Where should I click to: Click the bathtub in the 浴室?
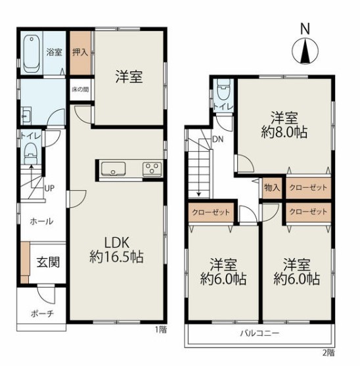click(x=31, y=54)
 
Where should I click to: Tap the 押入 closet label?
click(x=80, y=53)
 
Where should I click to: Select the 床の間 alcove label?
click(x=80, y=89)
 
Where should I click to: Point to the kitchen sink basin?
click(x=114, y=168)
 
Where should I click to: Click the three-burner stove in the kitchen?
click(x=152, y=168)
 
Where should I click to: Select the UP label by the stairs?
click(x=49, y=188)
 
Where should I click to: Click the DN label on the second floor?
click(x=218, y=139)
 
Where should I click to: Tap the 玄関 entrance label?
click(x=48, y=262)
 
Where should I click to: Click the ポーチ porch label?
click(x=42, y=313)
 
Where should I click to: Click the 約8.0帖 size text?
click(x=284, y=132)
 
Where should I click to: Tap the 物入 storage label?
click(x=272, y=187)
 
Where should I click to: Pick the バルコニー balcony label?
click(x=259, y=333)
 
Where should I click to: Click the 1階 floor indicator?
click(x=161, y=330)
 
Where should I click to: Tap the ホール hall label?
click(x=41, y=221)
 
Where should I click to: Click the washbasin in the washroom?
click(x=26, y=116)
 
